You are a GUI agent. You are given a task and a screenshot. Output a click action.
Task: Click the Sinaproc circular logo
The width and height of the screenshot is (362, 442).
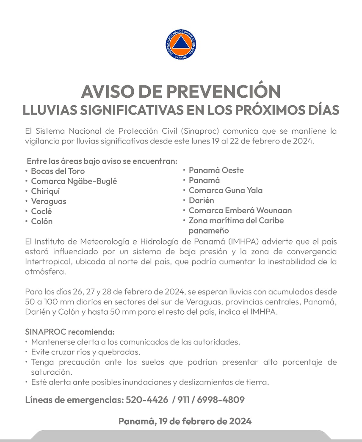point(181,44)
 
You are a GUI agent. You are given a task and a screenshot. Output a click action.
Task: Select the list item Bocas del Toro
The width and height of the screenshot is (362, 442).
point(58,171)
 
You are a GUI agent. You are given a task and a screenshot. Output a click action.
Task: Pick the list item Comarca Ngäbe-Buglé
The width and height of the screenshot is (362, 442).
point(74,181)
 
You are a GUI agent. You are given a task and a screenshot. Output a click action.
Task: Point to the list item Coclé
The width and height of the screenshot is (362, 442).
point(41,211)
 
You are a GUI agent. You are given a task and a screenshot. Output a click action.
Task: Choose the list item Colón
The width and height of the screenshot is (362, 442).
point(42,221)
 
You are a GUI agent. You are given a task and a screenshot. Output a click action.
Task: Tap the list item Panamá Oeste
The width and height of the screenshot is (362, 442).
point(216,170)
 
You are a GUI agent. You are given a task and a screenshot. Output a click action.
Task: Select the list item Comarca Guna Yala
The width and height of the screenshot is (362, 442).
point(225,190)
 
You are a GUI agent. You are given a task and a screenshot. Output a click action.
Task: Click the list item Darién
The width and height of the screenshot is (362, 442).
point(201,200)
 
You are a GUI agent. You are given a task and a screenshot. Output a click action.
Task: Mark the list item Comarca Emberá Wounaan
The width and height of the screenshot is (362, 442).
point(240,210)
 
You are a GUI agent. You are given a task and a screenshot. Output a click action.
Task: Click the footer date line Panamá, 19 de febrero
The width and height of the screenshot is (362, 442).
point(185,421)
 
